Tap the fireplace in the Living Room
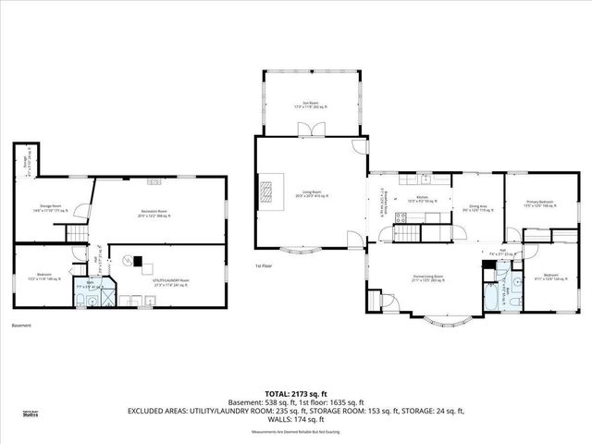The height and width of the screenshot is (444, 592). point(265,191)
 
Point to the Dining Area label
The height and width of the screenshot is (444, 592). point(473,206)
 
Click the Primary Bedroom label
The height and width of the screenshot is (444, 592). point(539,203)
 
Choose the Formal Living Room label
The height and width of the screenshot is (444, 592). point(427,277)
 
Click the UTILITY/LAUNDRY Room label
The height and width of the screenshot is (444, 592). point(173,282)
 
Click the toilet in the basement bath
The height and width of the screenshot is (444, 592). point(80,295)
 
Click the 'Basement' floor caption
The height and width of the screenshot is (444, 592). point(22,326)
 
